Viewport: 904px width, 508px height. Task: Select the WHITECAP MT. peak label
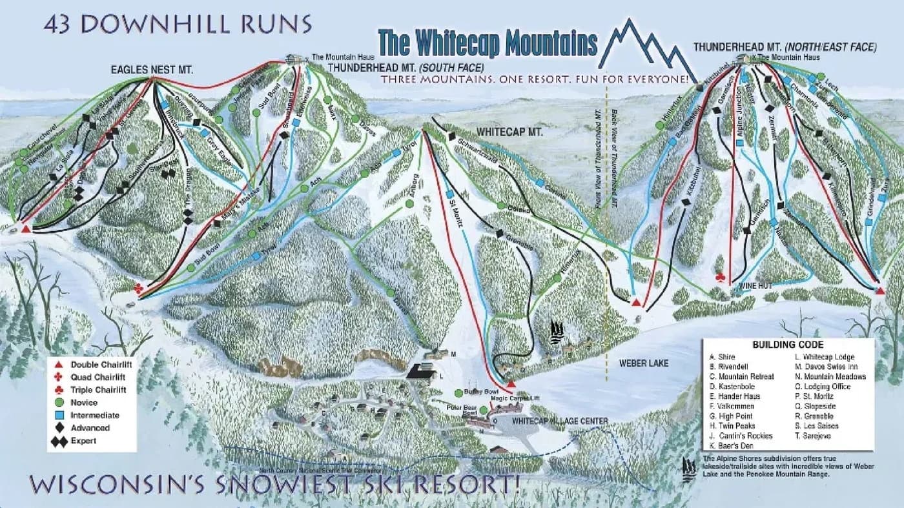pos(509,132)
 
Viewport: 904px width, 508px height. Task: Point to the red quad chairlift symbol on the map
pos(138,288)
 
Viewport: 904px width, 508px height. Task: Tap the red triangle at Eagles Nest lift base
pos(25,229)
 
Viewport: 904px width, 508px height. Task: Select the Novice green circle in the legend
pos(59,403)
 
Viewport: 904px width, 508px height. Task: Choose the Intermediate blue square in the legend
pos(59,415)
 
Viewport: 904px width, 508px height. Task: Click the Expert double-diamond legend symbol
pos(59,441)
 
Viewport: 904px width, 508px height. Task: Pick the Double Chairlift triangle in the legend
pos(59,365)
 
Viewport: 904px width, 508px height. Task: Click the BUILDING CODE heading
pos(788,345)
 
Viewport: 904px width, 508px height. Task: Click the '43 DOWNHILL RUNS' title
pos(178,24)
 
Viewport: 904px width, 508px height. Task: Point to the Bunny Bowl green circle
pos(458,392)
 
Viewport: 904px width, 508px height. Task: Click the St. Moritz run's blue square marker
pos(447,193)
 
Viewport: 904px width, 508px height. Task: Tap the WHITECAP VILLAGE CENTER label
pos(559,421)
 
